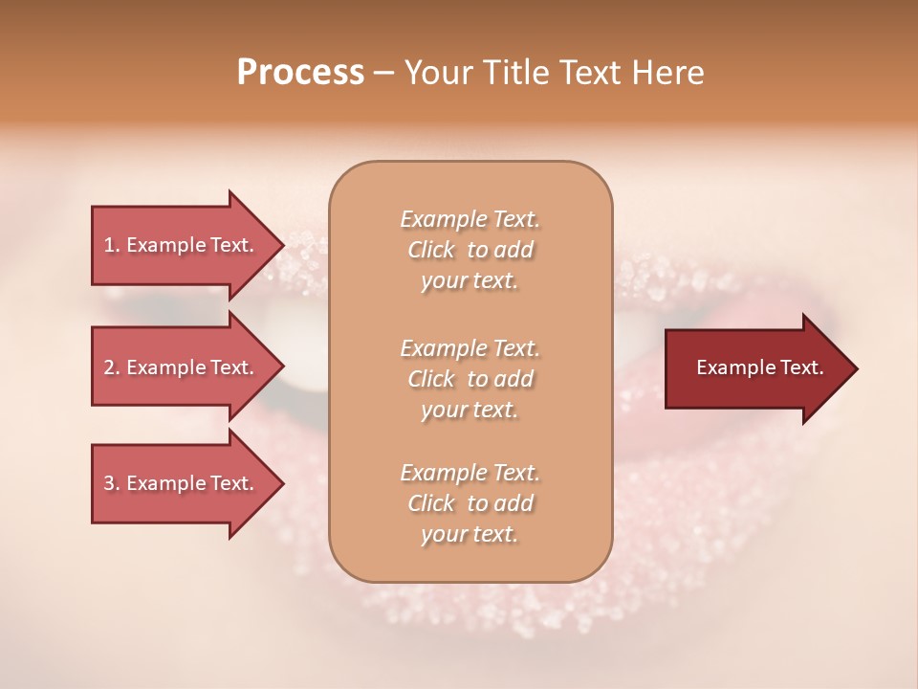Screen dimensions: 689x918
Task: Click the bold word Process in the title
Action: click(x=300, y=72)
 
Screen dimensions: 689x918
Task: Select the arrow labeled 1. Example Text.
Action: click(x=179, y=245)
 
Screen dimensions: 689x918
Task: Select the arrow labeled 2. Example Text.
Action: click(x=179, y=367)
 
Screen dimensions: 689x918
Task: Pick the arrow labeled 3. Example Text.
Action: click(x=179, y=483)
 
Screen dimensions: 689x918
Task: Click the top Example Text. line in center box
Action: click(x=470, y=219)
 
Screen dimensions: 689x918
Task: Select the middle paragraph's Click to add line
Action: click(x=470, y=379)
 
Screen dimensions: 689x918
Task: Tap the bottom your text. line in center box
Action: click(x=470, y=535)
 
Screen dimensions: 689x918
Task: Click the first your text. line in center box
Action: click(x=470, y=281)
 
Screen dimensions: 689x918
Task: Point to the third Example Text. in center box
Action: click(x=470, y=473)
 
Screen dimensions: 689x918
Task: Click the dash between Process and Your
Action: click(x=384, y=73)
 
